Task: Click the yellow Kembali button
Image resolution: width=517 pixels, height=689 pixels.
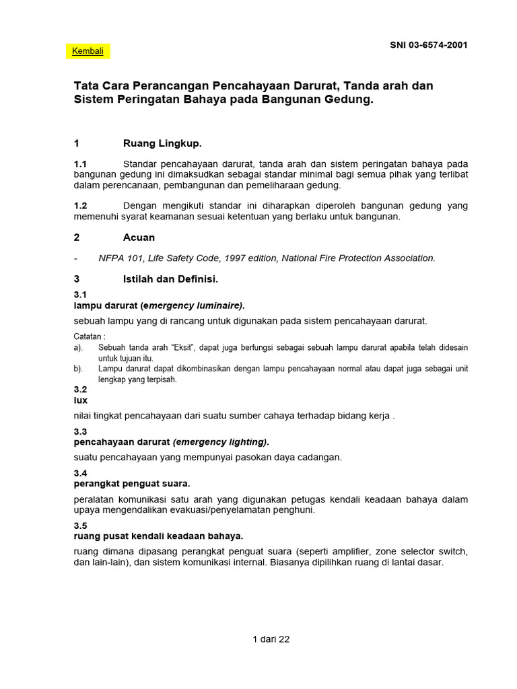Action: coord(88,52)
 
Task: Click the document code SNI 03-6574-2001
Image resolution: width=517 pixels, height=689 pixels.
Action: coord(429,45)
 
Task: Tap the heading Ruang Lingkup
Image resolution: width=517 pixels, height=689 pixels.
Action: coord(162,143)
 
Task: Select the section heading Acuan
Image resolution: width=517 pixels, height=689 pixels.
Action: coord(139,238)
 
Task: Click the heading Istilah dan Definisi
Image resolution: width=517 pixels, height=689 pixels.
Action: coord(171,279)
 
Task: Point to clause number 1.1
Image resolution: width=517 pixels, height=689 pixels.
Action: coord(81,164)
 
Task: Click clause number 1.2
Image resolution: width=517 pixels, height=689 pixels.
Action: coord(81,205)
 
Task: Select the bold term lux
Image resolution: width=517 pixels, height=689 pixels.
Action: coord(80,400)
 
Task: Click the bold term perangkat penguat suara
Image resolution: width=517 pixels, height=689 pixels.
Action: coord(132,484)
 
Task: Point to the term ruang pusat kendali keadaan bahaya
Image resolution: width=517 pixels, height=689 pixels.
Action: coord(158,536)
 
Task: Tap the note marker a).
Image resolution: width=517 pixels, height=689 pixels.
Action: coord(78,348)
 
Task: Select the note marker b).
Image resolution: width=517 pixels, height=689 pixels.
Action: coord(78,369)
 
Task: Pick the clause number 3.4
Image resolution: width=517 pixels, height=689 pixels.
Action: coord(80,474)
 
